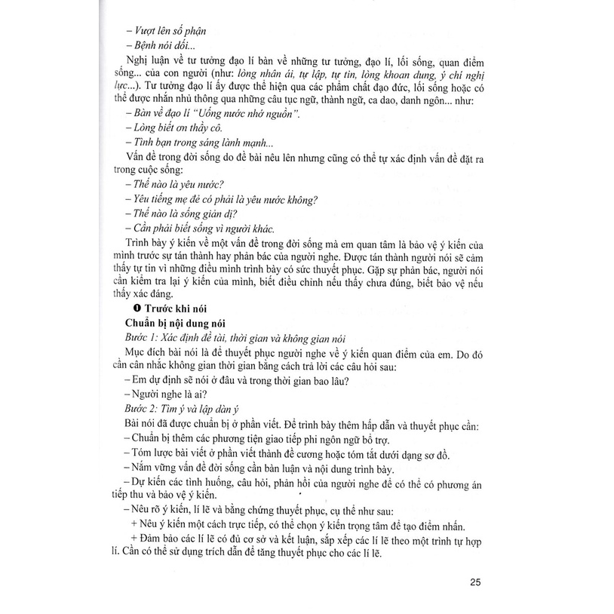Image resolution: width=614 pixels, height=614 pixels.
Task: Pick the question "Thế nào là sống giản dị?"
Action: pos(179,213)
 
